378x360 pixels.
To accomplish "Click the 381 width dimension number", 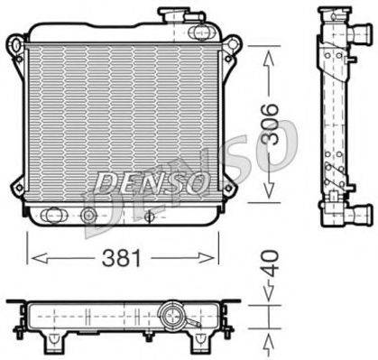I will click(x=122, y=259).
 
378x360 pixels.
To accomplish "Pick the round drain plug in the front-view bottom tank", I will click(x=88, y=216).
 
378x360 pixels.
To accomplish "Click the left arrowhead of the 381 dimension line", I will click(x=32, y=258).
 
